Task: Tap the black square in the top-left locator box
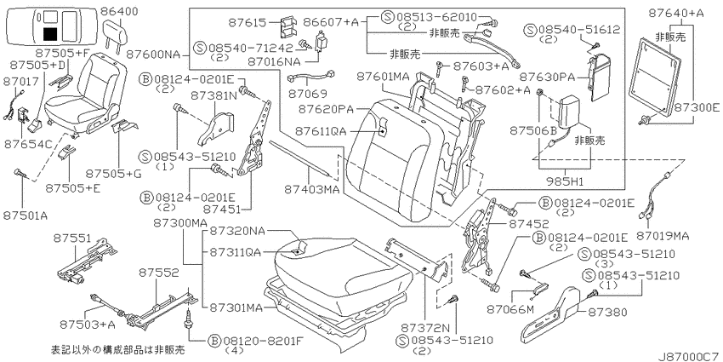coord(50,34)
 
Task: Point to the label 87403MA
coord(311,189)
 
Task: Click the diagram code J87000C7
coord(690,356)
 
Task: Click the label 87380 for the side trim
coord(607,313)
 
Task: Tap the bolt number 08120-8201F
coord(263,341)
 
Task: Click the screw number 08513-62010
coord(436,18)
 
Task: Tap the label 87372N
coord(425,328)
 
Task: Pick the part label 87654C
coord(28,144)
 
